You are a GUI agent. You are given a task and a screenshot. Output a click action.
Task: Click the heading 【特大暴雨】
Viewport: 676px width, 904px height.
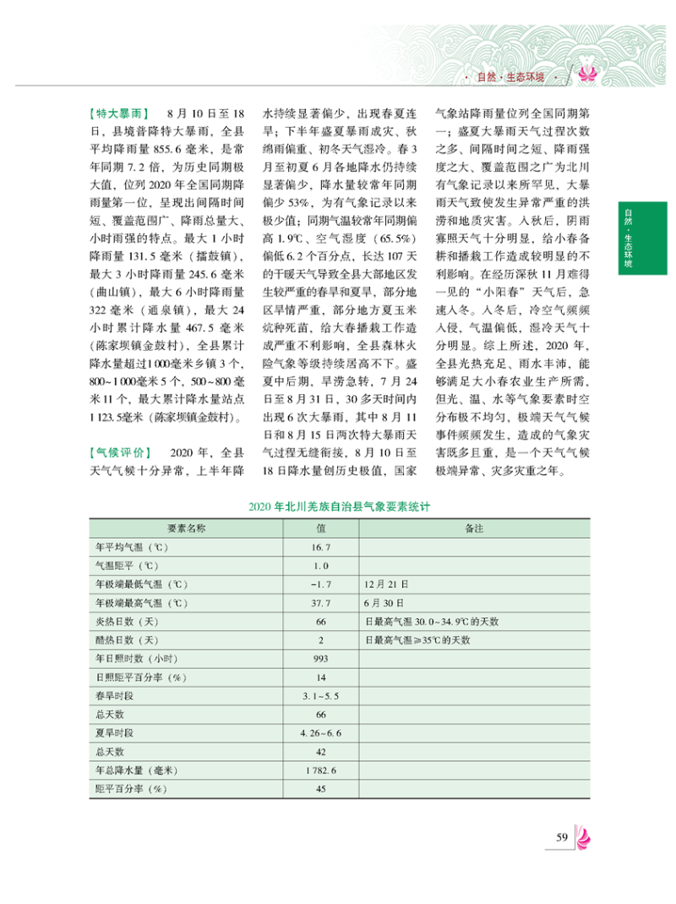point(119,112)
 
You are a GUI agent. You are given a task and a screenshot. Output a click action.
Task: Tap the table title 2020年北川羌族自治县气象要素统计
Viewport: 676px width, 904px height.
point(341,508)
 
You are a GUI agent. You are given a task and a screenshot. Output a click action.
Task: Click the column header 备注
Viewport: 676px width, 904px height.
point(473,529)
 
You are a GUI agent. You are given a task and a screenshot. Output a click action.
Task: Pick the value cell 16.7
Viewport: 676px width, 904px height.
point(320,547)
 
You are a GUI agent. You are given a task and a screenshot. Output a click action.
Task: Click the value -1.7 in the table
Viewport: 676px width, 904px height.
point(320,584)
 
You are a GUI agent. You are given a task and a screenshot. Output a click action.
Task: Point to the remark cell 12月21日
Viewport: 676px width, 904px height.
point(386,584)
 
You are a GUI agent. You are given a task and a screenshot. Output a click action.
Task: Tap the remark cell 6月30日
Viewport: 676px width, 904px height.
point(384,603)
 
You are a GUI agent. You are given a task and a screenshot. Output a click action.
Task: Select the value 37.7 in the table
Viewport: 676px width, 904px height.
point(320,603)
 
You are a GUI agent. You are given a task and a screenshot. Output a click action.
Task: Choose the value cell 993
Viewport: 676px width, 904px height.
point(320,659)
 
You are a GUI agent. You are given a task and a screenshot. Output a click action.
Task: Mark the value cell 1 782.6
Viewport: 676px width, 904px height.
point(320,770)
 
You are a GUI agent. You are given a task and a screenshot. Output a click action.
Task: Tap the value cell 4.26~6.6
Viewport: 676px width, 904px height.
point(320,733)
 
